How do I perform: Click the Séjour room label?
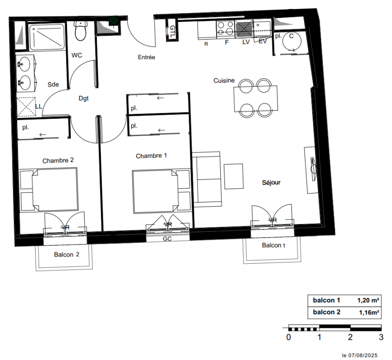click(x=271, y=183)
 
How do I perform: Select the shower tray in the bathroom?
click(x=47, y=37)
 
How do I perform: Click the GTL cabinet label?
click(x=172, y=31)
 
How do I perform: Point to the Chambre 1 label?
click(x=151, y=156)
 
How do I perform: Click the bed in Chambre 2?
click(x=49, y=189)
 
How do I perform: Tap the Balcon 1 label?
click(x=273, y=245)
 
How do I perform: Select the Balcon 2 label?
click(x=67, y=255)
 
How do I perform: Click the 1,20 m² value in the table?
click(x=368, y=300)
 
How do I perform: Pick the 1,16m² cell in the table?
click(x=369, y=312)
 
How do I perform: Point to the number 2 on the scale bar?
click(x=350, y=337)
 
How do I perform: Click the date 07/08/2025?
click(x=363, y=355)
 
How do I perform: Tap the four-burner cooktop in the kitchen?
click(x=225, y=29)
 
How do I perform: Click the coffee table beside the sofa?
click(x=233, y=176)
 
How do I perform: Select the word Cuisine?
click(x=224, y=81)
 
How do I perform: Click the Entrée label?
click(x=146, y=57)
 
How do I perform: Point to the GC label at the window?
click(x=167, y=239)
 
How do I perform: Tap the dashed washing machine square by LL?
click(x=26, y=107)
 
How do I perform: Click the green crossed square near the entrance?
click(x=114, y=21)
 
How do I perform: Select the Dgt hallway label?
click(x=83, y=99)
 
